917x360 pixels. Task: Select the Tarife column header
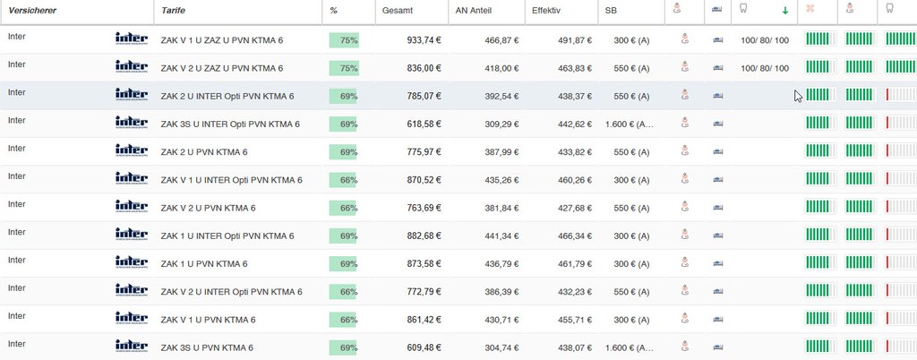point(173,10)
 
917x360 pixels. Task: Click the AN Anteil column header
point(476,10)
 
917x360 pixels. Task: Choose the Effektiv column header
point(546,10)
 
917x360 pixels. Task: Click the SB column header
point(611,10)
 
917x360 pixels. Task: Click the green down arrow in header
point(785,11)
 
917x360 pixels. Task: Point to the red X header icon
point(810,10)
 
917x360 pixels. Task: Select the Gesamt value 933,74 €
point(424,40)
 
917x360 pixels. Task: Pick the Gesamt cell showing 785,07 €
point(424,96)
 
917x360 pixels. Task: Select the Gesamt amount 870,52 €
point(424,180)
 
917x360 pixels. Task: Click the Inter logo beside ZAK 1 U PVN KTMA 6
point(132,262)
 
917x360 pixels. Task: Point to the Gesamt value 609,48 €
point(424,347)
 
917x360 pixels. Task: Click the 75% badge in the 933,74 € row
point(344,40)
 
